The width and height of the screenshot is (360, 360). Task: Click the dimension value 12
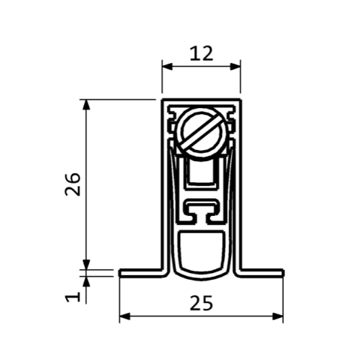coord(201,54)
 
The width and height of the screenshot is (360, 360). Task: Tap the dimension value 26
coord(73,184)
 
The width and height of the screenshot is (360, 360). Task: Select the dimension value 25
coord(201,303)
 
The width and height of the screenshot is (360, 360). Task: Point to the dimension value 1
coord(73,297)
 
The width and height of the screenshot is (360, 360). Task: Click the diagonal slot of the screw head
coord(202,132)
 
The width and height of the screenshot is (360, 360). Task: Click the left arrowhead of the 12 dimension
coord(167,67)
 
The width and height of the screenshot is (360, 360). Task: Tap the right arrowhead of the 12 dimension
coord(235,67)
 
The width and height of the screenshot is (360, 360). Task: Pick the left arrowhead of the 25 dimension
coord(124,316)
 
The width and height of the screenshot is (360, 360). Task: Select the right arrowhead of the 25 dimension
coord(277,316)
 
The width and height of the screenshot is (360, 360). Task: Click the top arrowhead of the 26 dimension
coord(86,105)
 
